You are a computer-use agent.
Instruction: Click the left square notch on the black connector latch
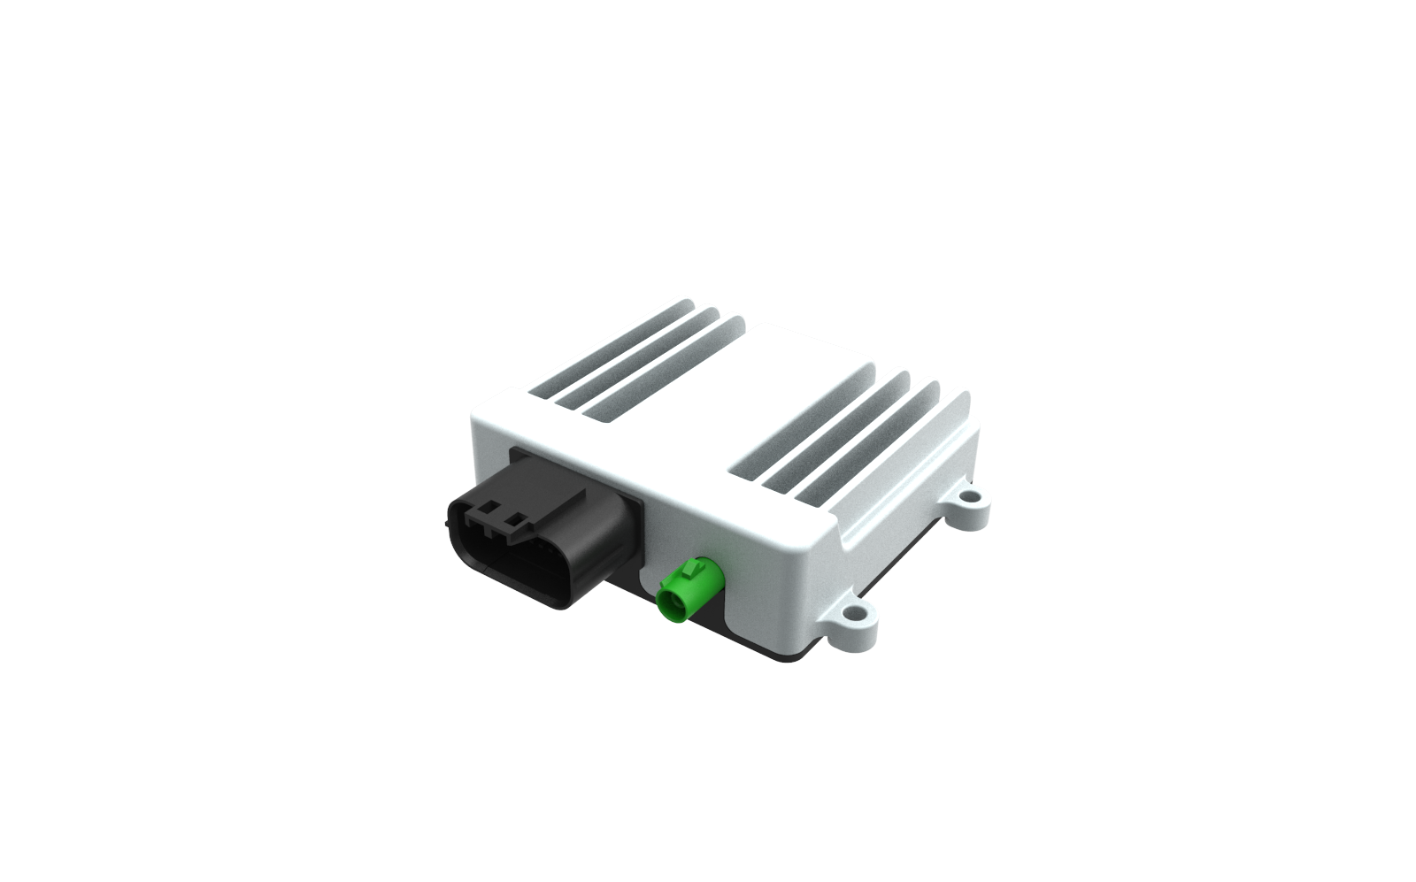coord(486,511)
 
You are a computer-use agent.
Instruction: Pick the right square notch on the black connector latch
coord(512,522)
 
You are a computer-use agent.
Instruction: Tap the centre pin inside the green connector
coord(672,607)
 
